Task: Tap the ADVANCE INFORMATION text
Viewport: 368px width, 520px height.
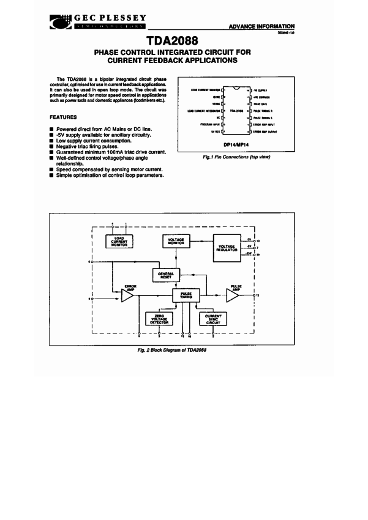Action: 261,26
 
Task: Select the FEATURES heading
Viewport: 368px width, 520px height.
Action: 64,116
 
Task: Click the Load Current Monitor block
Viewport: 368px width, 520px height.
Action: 119,241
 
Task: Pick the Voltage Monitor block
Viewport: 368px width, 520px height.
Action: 177,241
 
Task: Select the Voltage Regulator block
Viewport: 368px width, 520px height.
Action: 227,248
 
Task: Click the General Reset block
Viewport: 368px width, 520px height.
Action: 165,276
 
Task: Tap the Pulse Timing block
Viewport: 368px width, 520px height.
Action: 186,295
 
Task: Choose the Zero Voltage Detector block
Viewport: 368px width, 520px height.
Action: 159,318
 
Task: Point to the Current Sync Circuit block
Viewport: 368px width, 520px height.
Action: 213,318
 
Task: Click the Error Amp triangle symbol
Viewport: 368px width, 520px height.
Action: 127,296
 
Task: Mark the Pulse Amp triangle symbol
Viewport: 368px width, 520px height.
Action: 233,295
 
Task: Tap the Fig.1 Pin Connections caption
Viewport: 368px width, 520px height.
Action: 236,157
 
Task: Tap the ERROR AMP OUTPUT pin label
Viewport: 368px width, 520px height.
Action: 266,130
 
